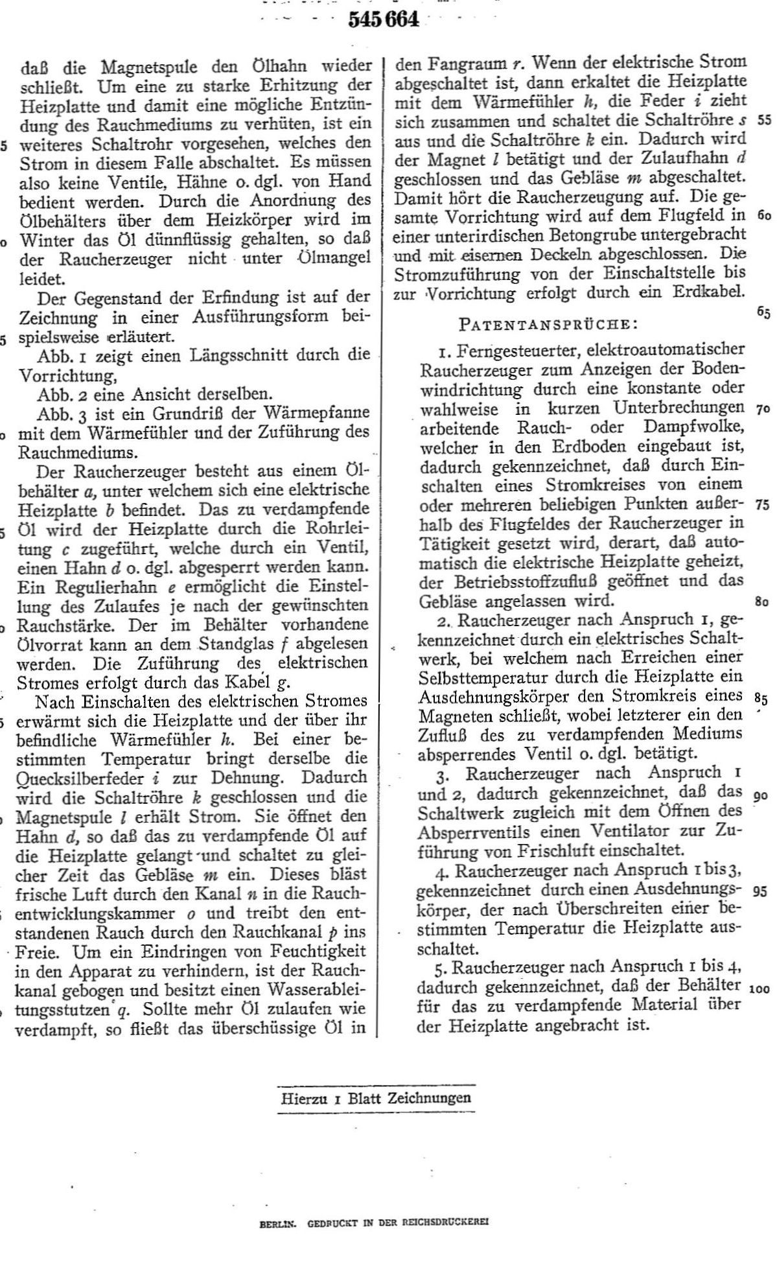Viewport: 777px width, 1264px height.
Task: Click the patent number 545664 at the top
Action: pos(384,21)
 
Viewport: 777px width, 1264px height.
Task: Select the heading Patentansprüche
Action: pos(542,322)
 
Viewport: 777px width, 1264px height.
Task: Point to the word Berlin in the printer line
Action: pos(277,1224)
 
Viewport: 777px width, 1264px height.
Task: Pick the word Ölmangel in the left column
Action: pos(333,258)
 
